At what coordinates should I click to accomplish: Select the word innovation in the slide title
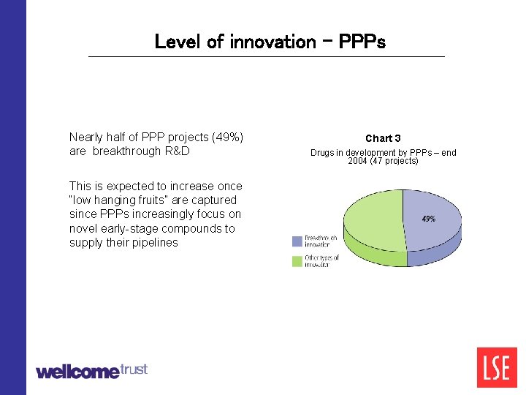tap(272, 42)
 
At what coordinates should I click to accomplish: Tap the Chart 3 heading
tap(383, 138)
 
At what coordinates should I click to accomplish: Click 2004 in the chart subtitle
tap(358, 161)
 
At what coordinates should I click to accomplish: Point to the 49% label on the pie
tap(429, 219)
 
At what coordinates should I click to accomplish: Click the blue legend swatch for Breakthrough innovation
tap(297, 241)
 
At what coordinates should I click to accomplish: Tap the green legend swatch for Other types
tap(297, 260)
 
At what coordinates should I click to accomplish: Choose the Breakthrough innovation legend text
tap(321, 241)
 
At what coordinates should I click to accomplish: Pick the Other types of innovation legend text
tap(321, 261)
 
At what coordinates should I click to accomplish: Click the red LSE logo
tap(496, 367)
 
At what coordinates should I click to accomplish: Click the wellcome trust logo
tap(91, 371)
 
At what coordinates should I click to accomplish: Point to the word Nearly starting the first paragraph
tap(86, 137)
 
